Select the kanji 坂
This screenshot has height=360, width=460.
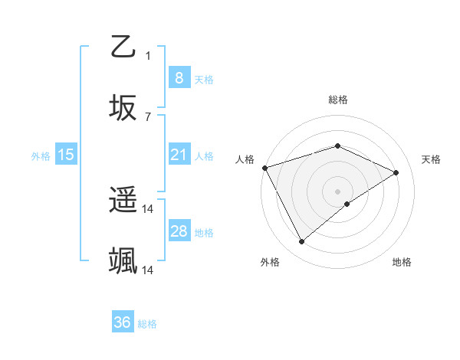coord(123,106)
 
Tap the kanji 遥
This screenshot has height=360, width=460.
coord(123,200)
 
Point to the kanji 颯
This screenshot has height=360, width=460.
coord(123,261)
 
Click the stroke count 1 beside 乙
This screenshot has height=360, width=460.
coord(148,55)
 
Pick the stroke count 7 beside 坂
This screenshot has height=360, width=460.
coord(148,116)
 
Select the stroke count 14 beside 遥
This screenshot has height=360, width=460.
coord(148,208)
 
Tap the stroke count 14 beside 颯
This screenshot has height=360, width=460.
coord(148,270)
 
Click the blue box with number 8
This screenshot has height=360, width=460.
coord(179,77)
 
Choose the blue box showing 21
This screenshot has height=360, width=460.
coord(179,155)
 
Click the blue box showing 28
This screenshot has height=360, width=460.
coord(179,231)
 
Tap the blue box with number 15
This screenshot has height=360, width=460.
coord(66,155)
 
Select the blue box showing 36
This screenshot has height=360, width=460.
coord(122,322)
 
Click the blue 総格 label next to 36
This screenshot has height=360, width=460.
coord(148,324)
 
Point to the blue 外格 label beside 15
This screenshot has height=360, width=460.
coord(41,155)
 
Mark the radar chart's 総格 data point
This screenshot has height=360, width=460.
coord(337,146)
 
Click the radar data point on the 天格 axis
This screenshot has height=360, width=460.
coord(396,172)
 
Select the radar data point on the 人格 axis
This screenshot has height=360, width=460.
coord(264,168)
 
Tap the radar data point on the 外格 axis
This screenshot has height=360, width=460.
coord(301,242)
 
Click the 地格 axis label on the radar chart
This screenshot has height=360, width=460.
coord(402,262)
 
